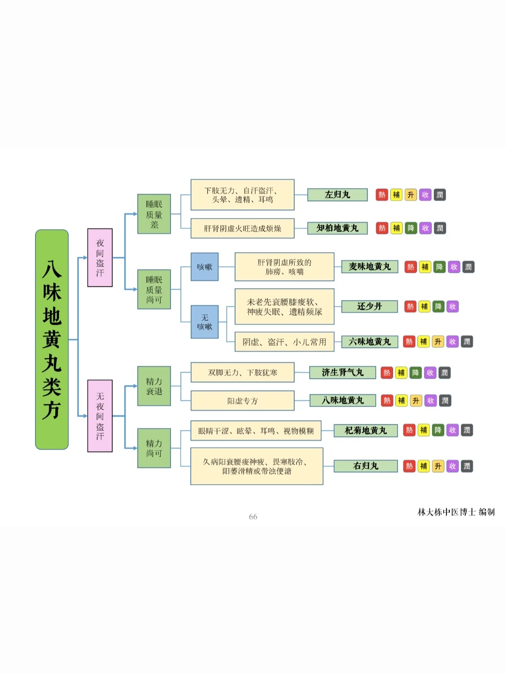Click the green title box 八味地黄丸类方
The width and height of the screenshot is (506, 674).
pyautogui.click(x=52, y=339)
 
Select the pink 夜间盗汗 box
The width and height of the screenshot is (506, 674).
pyautogui.click(x=100, y=257)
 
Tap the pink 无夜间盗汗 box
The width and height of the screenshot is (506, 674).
pyautogui.click(x=100, y=416)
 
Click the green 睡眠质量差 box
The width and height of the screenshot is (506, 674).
pyautogui.click(x=154, y=214)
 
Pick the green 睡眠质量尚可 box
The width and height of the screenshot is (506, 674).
pyautogui.click(x=154, y=289)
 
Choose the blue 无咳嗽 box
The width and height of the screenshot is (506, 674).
pyautogui.click(x=205, y=322)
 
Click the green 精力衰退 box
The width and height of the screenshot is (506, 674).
pyautogui.click(x=154, y=386)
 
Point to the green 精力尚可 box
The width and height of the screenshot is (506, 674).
pyautogui.click(x=154, y=448)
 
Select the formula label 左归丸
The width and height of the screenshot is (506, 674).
pyautogui.click(x=337, y=195)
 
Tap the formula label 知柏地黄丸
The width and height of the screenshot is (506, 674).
pyautogui.click(x=337, y=228)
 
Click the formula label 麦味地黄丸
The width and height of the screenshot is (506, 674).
pyautogui.click(x=370, y=267)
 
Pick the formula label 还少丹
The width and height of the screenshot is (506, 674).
pyautogui.click(x=370, y=307)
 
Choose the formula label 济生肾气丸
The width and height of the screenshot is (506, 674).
pyautogui.click(x=342, y=373)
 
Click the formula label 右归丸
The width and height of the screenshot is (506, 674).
pyautogui.click(x=365, y=466)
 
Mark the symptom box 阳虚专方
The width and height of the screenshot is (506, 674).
pyautogui.click(x=242, y=401)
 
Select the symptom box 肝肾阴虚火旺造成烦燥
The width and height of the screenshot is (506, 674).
pyautogui.click(x=242, y=228)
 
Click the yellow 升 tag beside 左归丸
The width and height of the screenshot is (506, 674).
pyautogui.click(x=411, y=195)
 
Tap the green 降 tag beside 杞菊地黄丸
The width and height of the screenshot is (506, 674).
pyautogui.click(x=438, y=430)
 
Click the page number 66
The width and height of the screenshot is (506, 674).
pyautogui.click(x=253, y=517)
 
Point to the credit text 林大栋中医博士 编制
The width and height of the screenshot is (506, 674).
pyautogui.click(x=456, y=512)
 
